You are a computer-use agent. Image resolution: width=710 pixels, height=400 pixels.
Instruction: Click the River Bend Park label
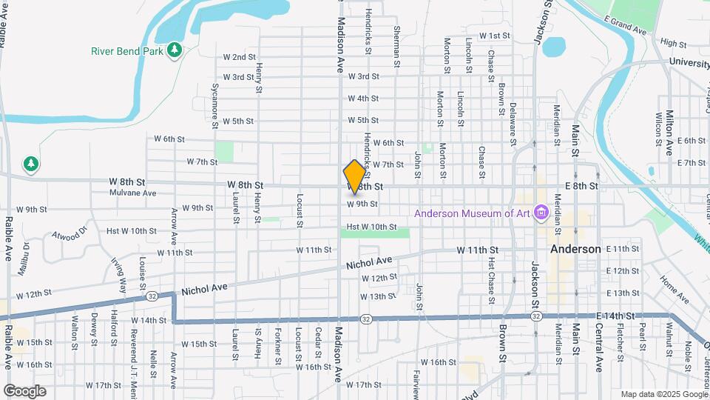(x=127, y=51)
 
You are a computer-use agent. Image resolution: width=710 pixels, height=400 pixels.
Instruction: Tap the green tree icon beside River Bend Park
(x=175, y=50)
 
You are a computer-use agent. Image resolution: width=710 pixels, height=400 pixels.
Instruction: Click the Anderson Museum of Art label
(x=472, y=214)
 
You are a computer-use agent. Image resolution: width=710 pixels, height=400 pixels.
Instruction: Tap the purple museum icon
(x=541, y=214)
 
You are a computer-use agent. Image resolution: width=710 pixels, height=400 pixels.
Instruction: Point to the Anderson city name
(x=575, y=250)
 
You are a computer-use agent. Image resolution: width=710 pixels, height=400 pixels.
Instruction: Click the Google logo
(x=24, y=391)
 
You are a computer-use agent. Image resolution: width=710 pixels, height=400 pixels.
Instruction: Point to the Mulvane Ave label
(x=133, y=193)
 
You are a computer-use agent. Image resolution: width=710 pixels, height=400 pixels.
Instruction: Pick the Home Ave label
(x=674, y=290)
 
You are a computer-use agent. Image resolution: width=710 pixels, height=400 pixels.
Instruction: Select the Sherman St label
(x=397, y=48)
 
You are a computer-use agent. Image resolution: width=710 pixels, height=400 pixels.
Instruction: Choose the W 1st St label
(x=494, y=36)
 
